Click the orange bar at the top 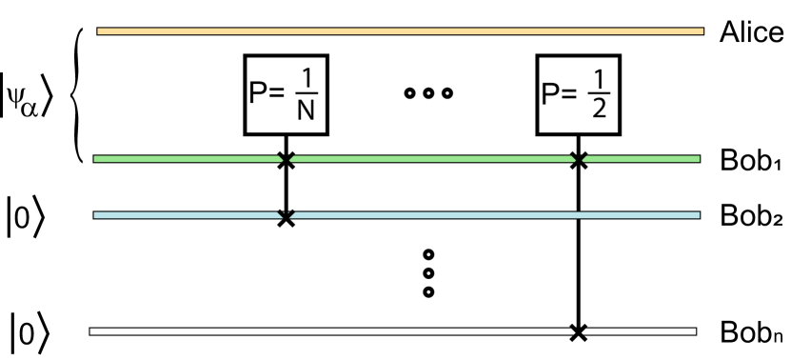coord(400,31)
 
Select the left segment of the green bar coord(187,159)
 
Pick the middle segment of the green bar coord(431,159)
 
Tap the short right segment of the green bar coord(642,159)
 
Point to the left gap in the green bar coord(287,159)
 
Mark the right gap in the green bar coord(579,159)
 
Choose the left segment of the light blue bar coord(186,215)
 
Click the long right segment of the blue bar coord(495,215)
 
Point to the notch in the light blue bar coord(287,214)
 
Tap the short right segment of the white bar coord(640,331)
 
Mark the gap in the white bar coord(579,331)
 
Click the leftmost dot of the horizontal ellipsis coord(410,93)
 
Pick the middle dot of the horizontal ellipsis coord(428,93)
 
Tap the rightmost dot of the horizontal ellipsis coord(447,93)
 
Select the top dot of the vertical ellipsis coord(428,254)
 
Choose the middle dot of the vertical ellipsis coord(428,273)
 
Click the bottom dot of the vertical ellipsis coord(428,291)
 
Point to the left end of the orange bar coord(99,31)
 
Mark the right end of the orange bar coord(702,31)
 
